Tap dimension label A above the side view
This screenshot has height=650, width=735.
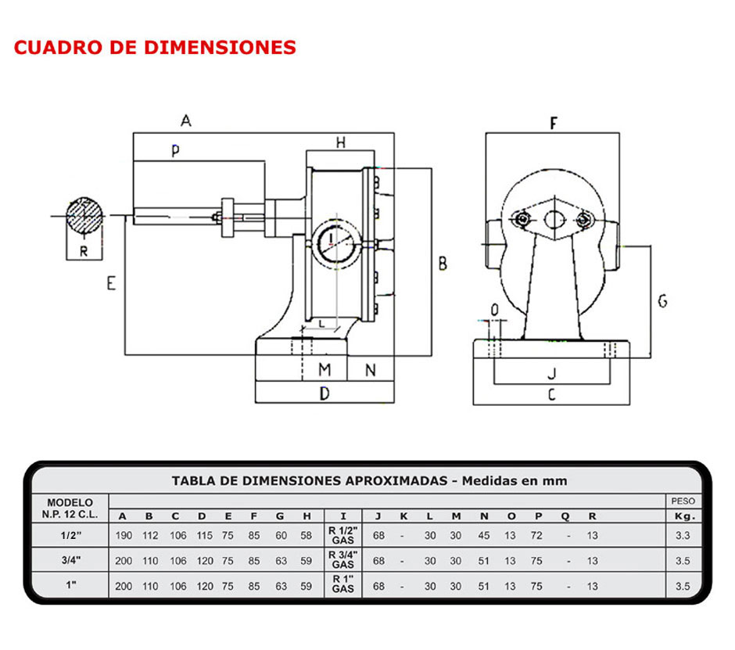point(185,120)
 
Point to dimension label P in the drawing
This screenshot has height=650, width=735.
point(175,153)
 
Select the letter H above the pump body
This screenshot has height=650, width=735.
point(340,142)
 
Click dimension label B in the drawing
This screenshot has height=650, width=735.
point(443,263)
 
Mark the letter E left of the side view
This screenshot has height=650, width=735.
point(111,284)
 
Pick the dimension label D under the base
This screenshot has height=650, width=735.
point(324,394)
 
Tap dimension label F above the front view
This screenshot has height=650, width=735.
point(554,123)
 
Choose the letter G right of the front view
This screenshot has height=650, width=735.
point(662,301)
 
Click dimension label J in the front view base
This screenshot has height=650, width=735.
point(550,373)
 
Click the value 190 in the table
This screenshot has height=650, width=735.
point(123,536)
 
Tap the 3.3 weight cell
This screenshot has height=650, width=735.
point(682,536)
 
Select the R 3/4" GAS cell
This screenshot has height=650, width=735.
point(343,560)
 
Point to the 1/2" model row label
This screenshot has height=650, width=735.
point(70,536)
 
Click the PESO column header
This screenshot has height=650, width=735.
point(682,501)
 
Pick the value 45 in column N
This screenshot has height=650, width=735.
point(484,536)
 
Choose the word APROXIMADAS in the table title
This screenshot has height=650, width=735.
point(396,480)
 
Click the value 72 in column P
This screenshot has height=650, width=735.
point(536,536)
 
